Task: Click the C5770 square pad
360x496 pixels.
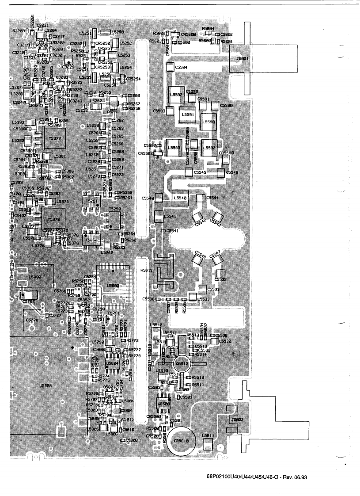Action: [x=32, y=320]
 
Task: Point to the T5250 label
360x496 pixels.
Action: [x=114, y=209]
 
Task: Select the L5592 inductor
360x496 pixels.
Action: [x=176, y=95]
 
